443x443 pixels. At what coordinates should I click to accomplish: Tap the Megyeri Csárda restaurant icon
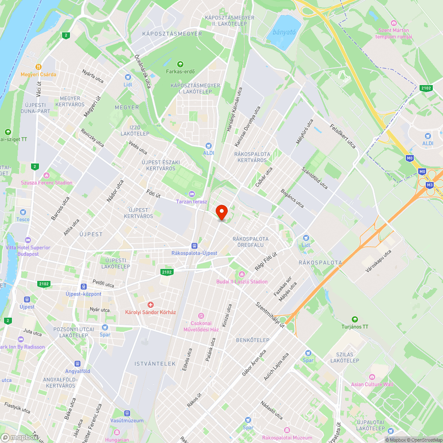click(39, 67)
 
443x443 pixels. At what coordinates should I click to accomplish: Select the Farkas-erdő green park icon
click(180, 64)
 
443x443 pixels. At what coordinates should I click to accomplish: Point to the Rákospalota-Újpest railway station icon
click(194, 246)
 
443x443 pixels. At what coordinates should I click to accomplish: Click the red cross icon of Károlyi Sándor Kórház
click(151, 305)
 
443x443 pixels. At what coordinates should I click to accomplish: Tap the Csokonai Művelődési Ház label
click(201, 326)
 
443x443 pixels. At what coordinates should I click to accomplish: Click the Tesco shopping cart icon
click(23, 212)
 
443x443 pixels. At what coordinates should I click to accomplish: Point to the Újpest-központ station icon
click(83, 287)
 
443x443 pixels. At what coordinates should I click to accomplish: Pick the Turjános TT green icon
click(354, 319)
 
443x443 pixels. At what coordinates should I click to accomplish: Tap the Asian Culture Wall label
click(372, 384)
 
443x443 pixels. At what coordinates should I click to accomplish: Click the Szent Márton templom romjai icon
click(393, 23)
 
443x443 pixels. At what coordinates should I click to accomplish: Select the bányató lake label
click(284, 32)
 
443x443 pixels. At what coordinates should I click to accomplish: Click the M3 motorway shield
click(429, 185)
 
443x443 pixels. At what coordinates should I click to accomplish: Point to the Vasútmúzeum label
click(127, 420)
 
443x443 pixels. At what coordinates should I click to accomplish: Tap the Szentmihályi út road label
click(269, 316)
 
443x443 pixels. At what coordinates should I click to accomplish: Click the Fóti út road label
click(153, 193)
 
